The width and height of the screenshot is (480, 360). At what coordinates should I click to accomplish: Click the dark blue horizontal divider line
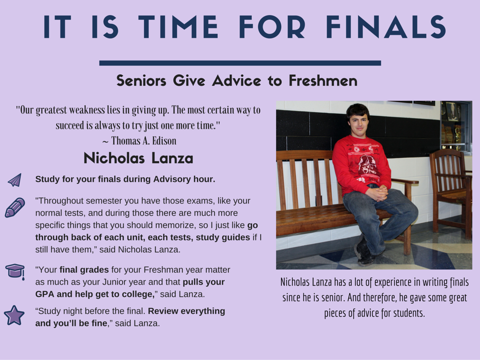point(240,63)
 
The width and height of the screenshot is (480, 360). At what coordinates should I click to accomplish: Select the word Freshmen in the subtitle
point(323,81)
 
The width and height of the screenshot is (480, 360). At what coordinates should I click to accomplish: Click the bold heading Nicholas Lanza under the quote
point(138,158)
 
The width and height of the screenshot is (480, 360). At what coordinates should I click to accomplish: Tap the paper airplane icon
point(15,180)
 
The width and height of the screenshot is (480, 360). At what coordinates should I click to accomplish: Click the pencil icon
point(15,208)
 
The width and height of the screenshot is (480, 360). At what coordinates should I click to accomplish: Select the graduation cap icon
point(15,271)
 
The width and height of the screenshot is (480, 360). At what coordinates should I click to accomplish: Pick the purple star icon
point(14,315)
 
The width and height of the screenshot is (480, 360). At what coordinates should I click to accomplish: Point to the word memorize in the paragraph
point(177,225)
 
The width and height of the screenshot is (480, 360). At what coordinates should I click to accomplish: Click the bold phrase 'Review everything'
point(187,311)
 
